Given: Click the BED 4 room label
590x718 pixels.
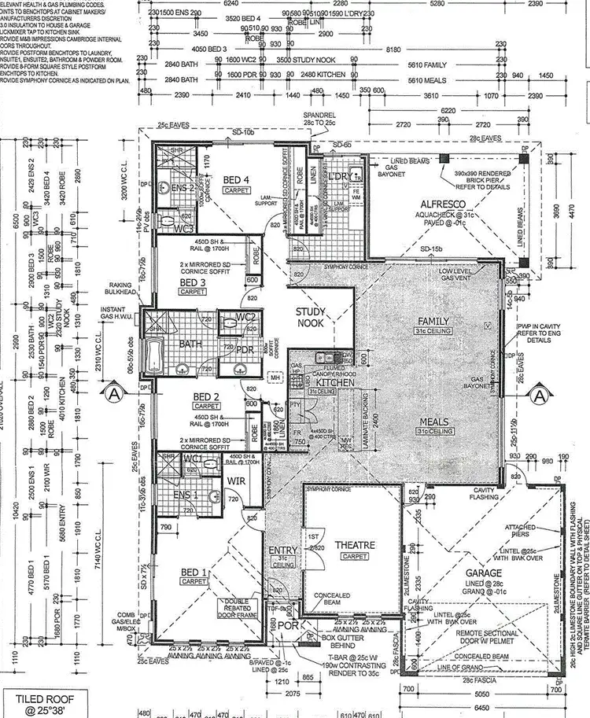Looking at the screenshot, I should click(x=236, y=180).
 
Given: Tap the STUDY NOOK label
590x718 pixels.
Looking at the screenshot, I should click(x=310, y=316).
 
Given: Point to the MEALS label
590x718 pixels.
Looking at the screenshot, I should click(x=433, y=422).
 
